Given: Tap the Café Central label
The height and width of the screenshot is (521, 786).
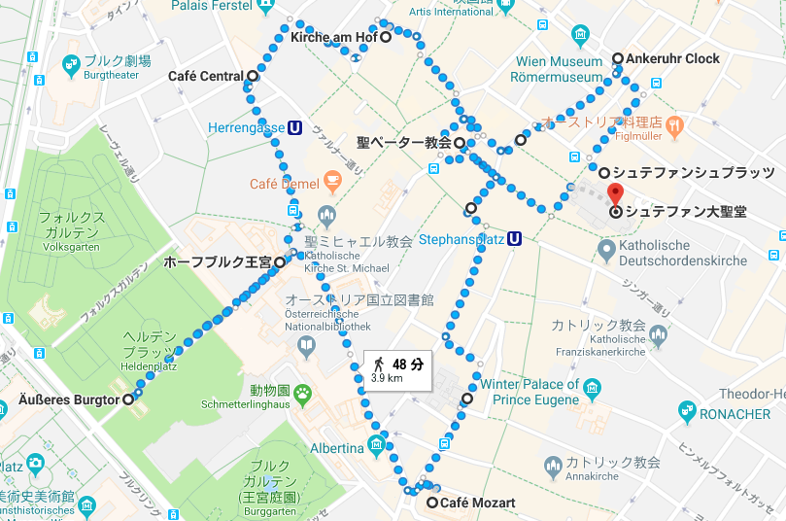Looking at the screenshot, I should [x=205, y=76].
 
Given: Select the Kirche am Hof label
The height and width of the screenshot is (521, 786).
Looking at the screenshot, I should [x=333, y=38].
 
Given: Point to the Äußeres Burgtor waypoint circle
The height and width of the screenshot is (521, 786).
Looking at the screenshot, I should [x=128, y=399].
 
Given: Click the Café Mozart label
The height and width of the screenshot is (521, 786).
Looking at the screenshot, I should [x=477, y=503].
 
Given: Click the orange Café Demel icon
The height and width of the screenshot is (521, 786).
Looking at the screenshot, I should [x=332, y=180].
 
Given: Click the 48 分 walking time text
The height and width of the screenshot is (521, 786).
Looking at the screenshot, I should [x=408, y=365].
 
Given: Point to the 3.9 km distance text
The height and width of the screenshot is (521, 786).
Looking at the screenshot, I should [x=387, y=379].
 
